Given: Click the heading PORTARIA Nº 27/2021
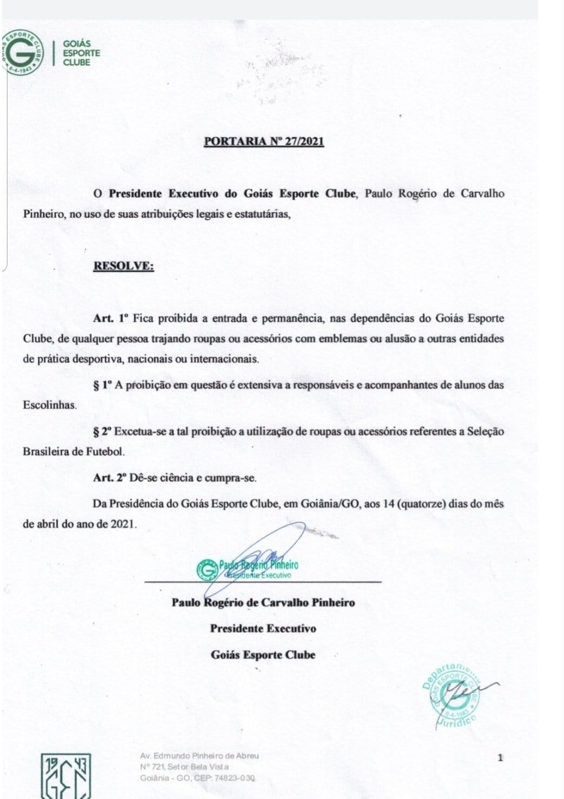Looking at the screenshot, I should (264, 142).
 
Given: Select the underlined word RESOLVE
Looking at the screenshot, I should (123, 267).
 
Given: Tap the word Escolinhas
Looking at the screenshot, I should (49, 405).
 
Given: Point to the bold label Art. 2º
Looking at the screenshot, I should (110, 478).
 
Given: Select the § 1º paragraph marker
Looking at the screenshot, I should (102, 385).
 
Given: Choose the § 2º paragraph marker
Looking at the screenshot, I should (102, 432).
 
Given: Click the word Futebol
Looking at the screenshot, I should (107, 451).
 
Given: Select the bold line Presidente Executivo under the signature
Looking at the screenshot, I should (263, 629).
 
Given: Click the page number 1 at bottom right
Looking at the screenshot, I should (500, 758).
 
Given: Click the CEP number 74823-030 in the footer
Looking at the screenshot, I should (234, 778).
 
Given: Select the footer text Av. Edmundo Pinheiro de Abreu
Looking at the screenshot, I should (200, 756).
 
